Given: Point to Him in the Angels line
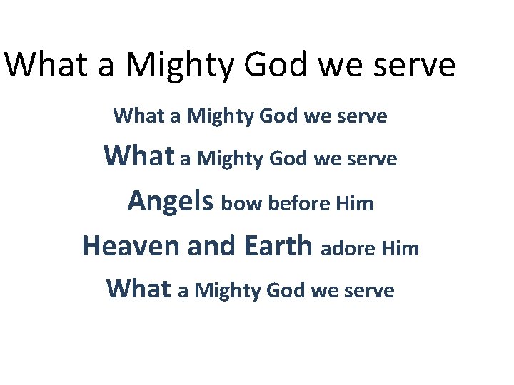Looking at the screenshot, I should coord(354,204).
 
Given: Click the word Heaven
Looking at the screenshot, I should coord(131,246).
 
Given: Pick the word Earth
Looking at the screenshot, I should coord(277,246).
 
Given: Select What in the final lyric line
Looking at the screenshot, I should coord(138,289).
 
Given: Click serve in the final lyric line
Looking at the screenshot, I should coord(368,291).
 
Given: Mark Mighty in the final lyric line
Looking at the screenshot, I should coord(228,291).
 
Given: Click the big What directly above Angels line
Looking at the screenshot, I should coord(138,156).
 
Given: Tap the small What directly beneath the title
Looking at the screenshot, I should coord(138,115).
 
